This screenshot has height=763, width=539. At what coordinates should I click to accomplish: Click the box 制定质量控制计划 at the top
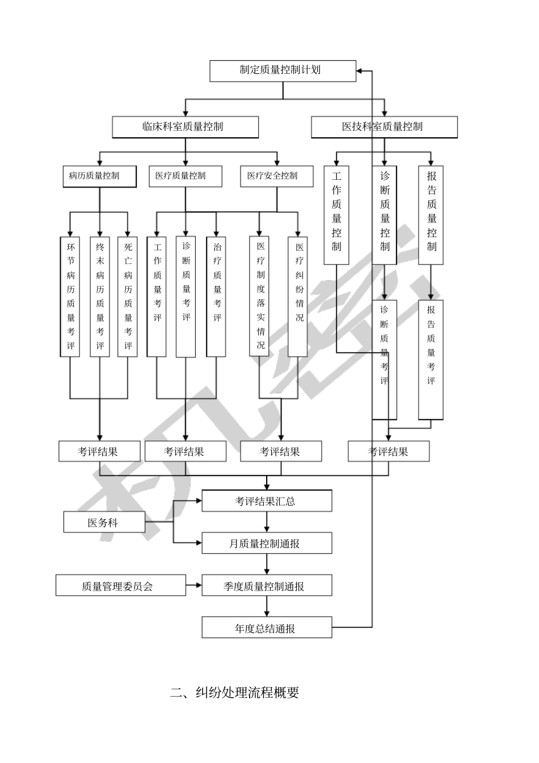283,71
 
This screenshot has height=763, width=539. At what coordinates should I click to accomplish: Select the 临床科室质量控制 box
185,127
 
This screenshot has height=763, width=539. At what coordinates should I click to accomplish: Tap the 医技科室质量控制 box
384,127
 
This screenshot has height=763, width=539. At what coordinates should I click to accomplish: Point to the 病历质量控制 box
99,176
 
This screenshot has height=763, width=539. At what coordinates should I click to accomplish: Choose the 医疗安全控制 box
276,176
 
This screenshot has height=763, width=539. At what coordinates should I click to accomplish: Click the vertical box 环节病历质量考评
70,297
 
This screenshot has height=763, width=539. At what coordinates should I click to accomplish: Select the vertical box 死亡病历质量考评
128,297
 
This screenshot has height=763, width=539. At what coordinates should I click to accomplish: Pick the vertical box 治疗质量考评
216,297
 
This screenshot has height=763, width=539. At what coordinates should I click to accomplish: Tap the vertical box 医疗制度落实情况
259,296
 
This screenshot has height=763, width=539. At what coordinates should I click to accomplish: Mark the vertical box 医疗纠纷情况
298,297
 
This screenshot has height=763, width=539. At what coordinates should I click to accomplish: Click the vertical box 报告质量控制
431,215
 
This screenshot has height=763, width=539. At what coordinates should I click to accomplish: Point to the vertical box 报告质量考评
431,360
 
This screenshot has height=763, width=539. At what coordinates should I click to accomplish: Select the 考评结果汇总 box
267,501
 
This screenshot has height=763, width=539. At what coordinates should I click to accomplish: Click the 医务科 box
104,522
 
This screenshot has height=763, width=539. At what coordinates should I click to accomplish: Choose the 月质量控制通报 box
267,543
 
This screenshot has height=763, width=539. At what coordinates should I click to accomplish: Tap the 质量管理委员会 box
120,585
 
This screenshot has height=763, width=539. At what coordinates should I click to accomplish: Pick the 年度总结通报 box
267,628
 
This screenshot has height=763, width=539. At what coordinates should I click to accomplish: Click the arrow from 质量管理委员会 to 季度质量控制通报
194,585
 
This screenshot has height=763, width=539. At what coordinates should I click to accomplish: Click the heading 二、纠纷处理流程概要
235,693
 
